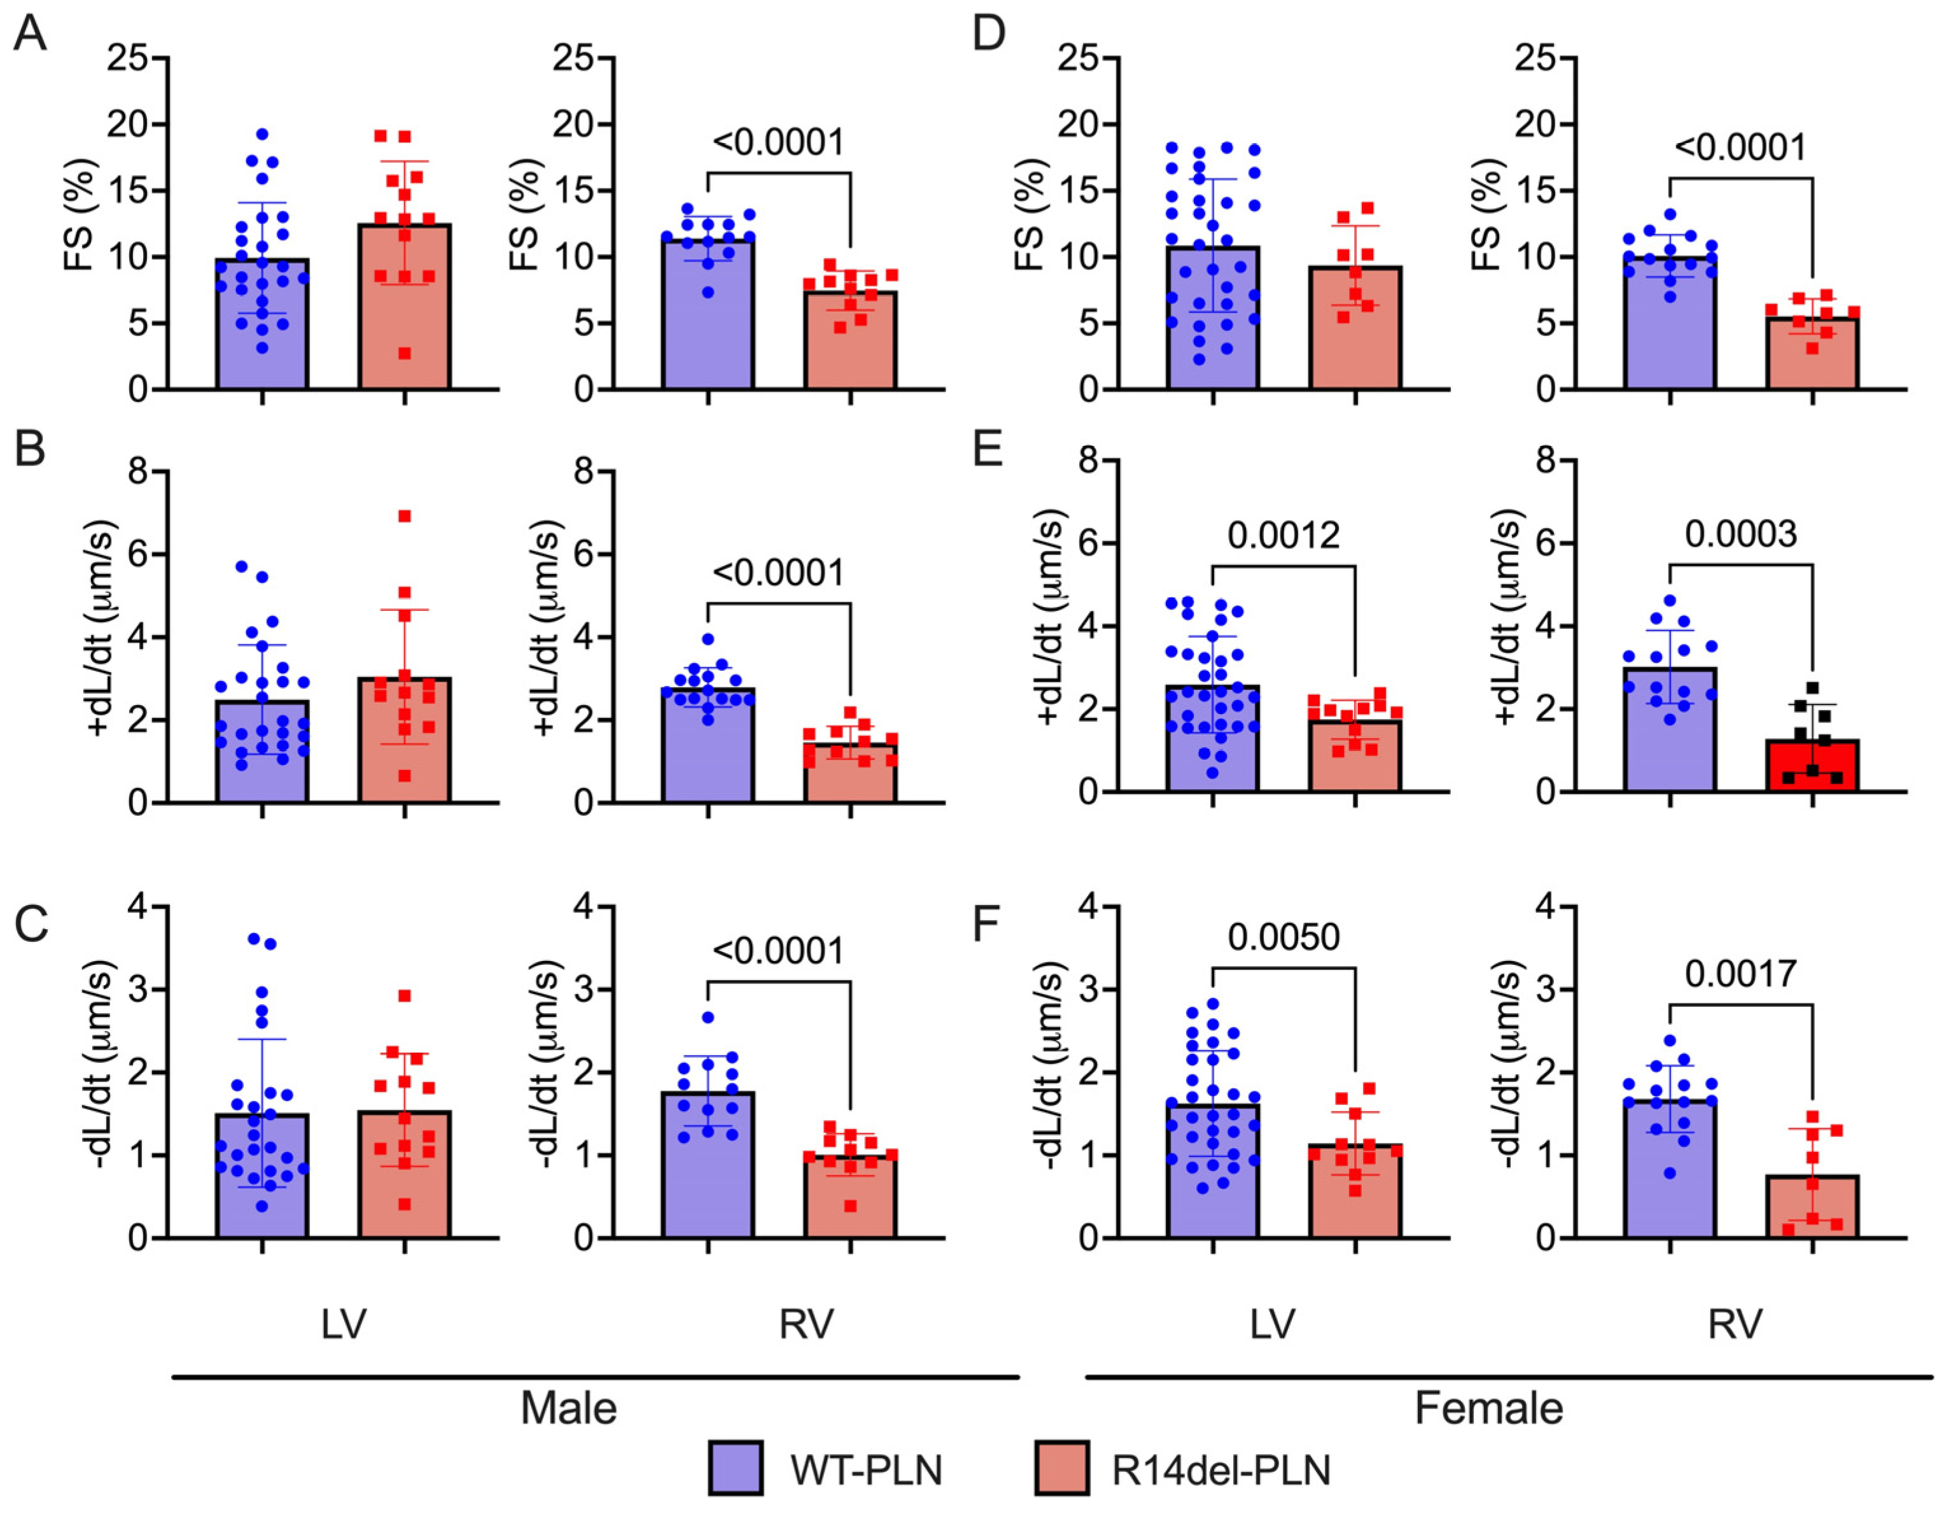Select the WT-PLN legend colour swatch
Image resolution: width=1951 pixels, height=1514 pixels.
click(x=735, y=1468)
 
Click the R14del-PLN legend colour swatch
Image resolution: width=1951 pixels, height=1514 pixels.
click(x=1061, y=1468)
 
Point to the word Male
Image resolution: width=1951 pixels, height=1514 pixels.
click(x=568, y=1408)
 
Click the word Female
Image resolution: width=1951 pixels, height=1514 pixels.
click(x=1489, y=1408)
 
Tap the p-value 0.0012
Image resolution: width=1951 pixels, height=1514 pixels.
click(x=1283, y=535)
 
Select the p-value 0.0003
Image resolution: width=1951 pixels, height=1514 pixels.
click(x=1741, y=534)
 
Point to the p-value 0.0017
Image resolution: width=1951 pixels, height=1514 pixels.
click(x=1741, y=974)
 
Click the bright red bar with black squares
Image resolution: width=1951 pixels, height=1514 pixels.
click(x=1812, y=766)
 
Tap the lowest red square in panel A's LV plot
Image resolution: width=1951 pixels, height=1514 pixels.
click(x=405, y=354)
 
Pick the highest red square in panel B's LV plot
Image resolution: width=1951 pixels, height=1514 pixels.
click(x=405, y=516)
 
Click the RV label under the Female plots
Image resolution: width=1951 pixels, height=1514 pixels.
click(x=1735, y=1324)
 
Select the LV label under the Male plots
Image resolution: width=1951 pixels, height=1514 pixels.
click(x=344, y=1324)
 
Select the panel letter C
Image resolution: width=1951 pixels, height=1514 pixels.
click(x=31, y=925)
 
